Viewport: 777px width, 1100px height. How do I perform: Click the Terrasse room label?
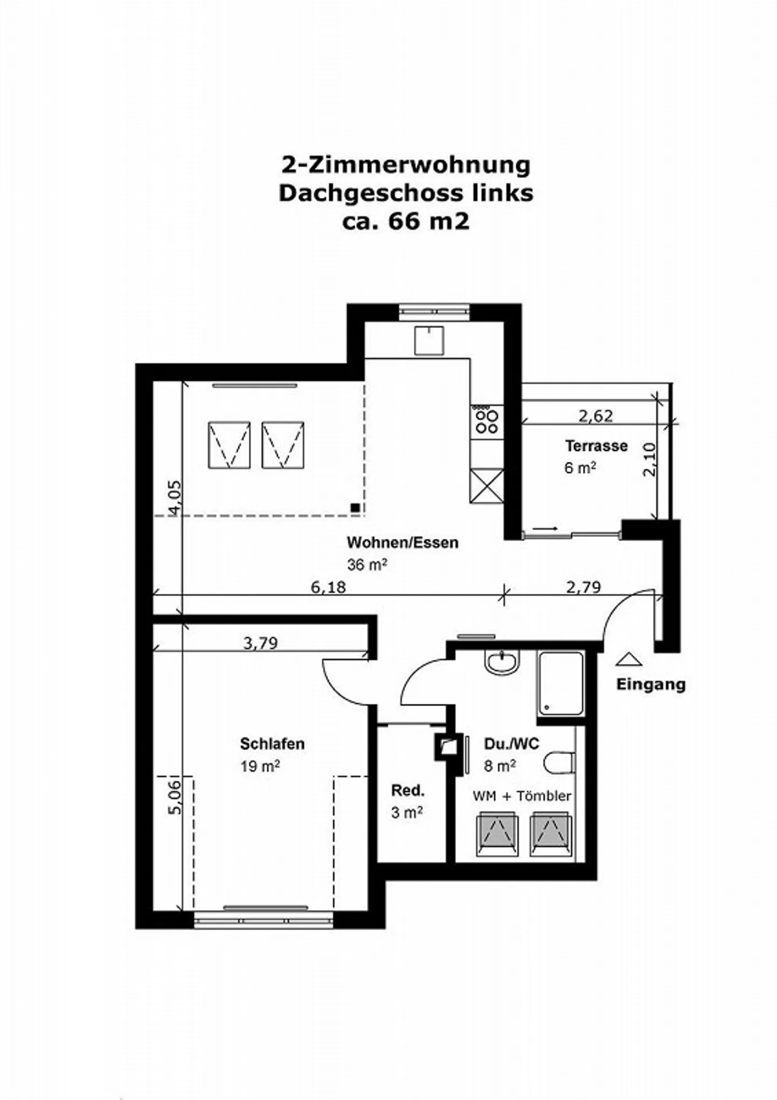click(x=596, y=446)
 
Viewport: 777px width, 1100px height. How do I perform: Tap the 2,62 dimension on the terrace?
click(x=595, y=416)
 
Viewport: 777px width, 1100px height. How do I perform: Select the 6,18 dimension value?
click(x=328, y=586)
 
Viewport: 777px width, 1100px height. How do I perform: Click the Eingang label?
click(x=650, y=685)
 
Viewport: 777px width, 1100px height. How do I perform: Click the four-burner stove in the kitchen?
click(x=486, y=422)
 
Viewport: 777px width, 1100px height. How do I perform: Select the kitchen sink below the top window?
click(x=429, y=340)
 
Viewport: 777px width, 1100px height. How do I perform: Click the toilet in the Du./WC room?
click(x=558, y=763)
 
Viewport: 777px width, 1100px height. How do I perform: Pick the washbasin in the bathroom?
click(x=502, y=661)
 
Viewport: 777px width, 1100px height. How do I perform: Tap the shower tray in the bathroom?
click(x=561, y=684)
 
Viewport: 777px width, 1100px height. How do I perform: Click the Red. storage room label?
click(x=407, y=791)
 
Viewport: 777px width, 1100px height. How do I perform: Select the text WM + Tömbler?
click(x=521, y=796)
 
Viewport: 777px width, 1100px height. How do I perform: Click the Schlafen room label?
click(x=272, y=744)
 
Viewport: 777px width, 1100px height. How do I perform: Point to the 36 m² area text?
click(x=367, y=565)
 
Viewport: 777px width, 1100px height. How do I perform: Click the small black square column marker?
click(x=355, y=507)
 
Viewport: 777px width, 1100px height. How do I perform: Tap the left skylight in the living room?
click(x=229, y=445)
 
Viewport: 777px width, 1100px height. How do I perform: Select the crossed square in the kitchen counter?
click(x=487, y=486)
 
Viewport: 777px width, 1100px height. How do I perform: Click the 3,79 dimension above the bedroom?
click(x=260, y=643)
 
